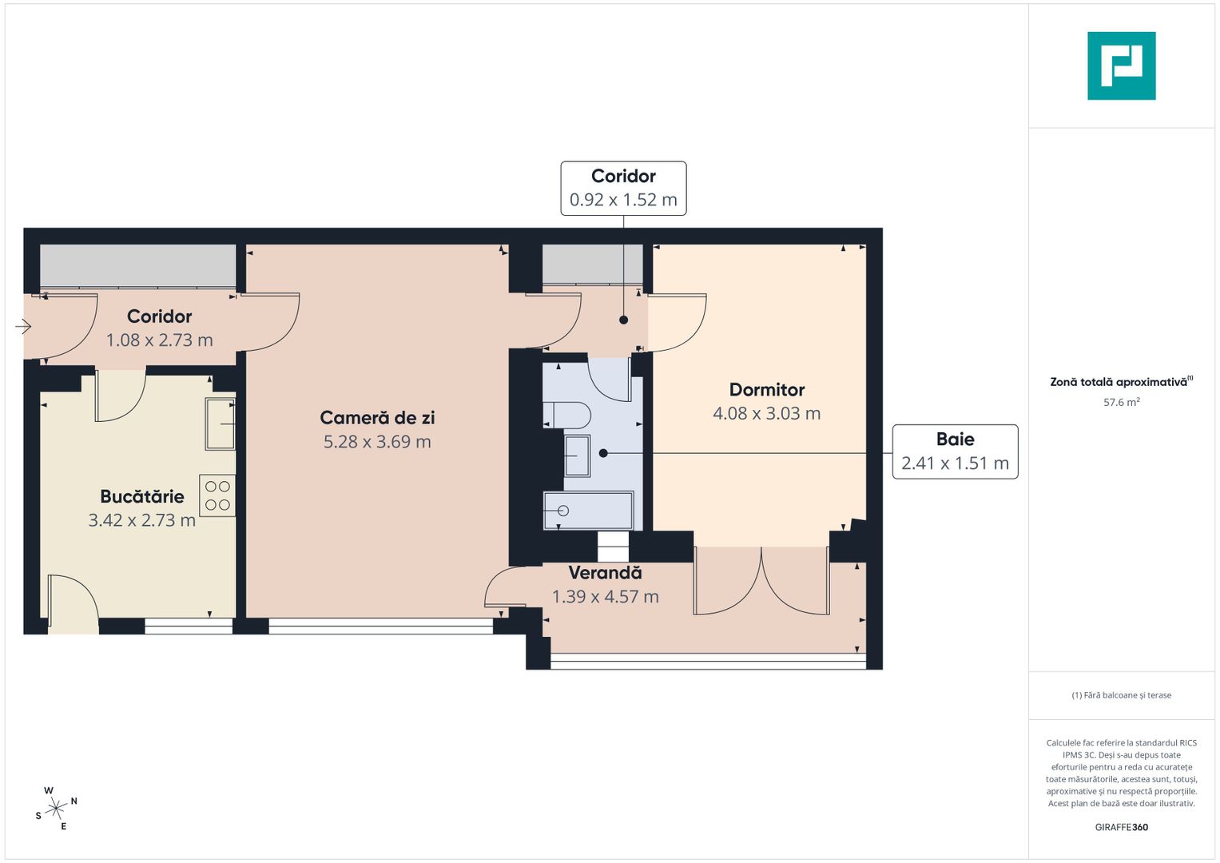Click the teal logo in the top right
point(1121,66)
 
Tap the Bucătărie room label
point(142,496)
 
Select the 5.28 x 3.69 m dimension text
point(377,442)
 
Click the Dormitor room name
point(766,390)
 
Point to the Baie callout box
point(955,451)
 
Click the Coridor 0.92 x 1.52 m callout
point(623,189)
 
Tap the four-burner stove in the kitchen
point(217,495)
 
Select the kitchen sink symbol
point(220,424)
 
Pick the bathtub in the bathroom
point(588,511)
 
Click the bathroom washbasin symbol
point(576,455)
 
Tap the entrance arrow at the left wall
point(22,326)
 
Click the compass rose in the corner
point(56,809)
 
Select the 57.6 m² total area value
point(1121,403)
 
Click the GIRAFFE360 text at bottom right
point(1121,827)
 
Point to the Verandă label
point(605,573)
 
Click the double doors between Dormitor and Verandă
point(761,581)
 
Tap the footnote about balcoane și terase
point(1121,695)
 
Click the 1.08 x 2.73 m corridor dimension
point(159,340)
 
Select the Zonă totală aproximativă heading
point(1119,382)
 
